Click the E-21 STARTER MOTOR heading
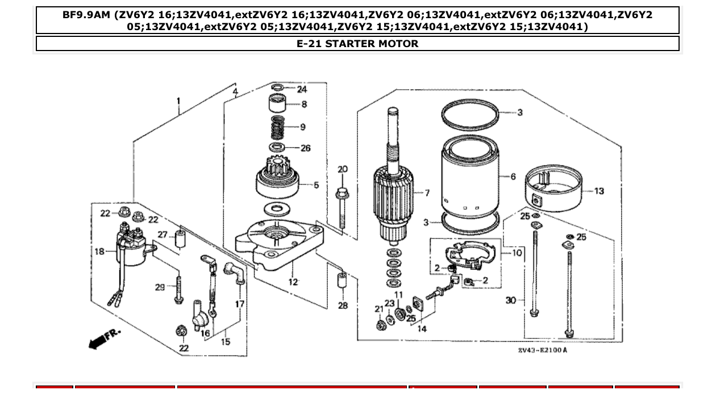point(357,44)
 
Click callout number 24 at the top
point(302,90)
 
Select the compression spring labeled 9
point(277,127)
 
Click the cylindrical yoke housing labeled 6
point(469,177)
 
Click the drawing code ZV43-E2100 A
point(542,350)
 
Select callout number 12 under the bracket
point(293,282)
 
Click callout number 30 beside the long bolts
point(510,300)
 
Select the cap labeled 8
point(277,104)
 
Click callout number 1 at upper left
point(178,102)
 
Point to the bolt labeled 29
point(179,290)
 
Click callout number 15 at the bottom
point(226,342)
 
